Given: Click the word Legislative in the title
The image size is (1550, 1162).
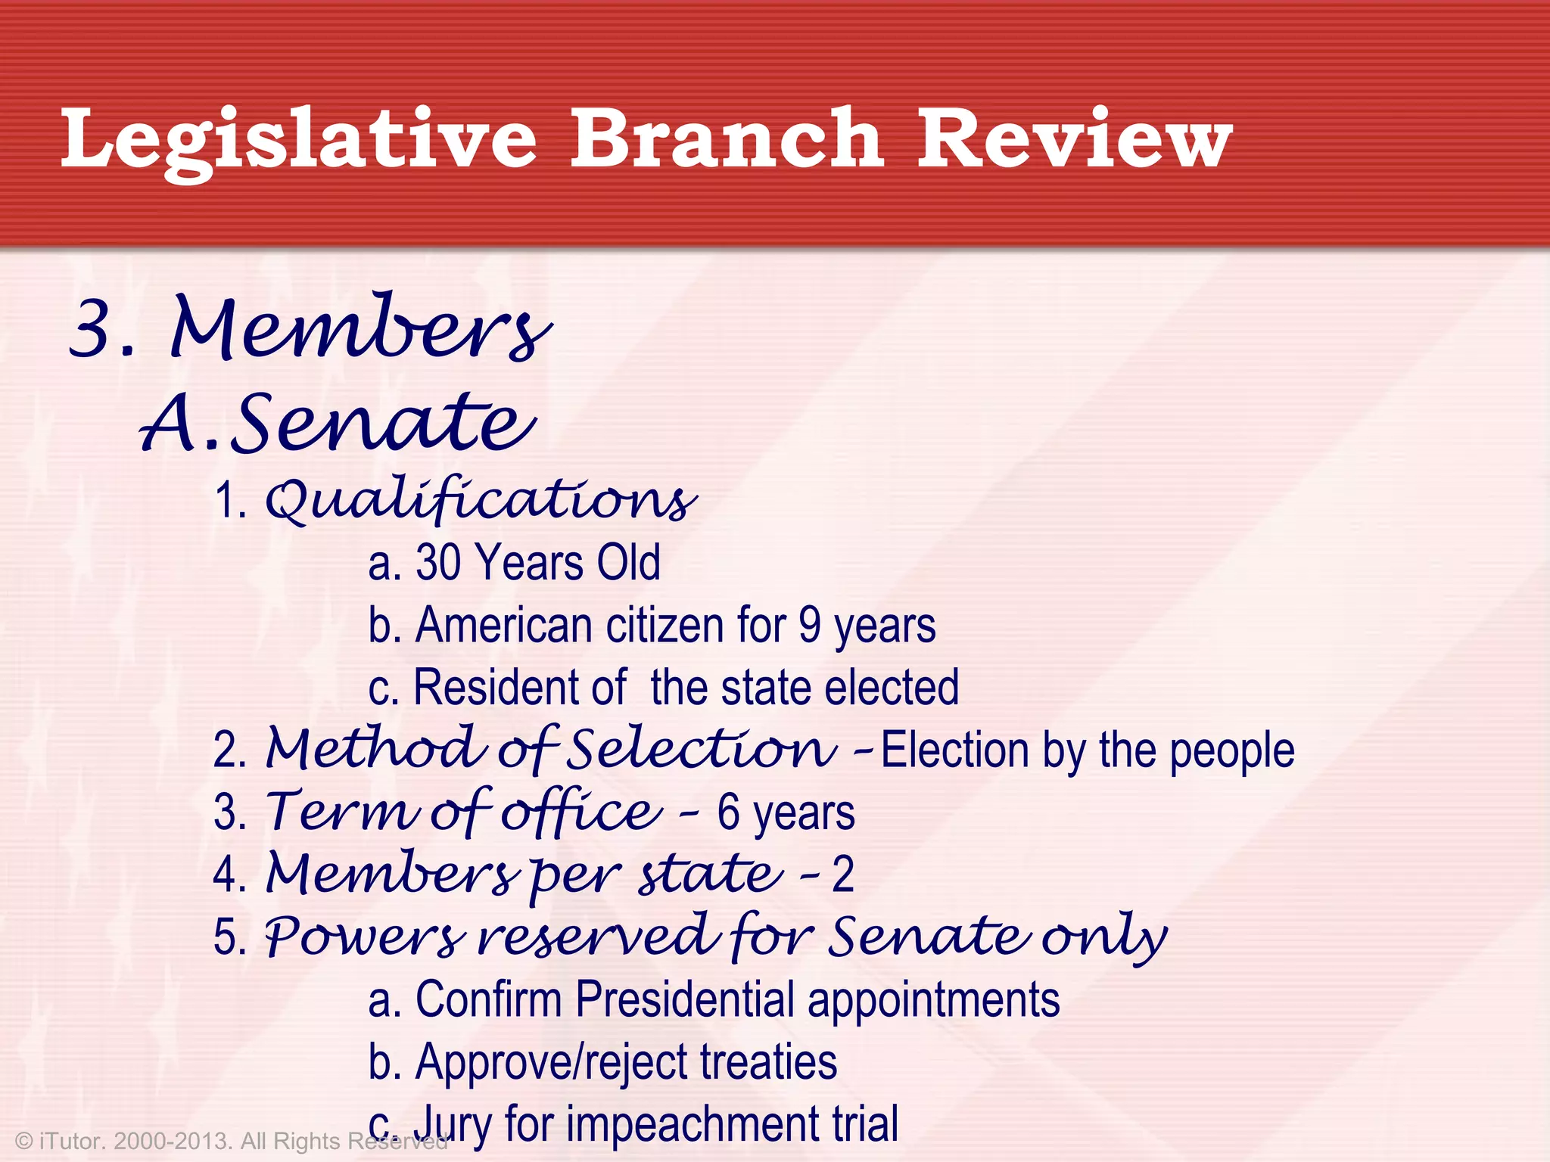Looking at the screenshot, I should (x=299, y=140).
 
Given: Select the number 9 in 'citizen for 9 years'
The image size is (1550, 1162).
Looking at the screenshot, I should (x=809, y=626).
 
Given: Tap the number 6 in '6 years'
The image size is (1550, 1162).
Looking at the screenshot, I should (x=728, y=812).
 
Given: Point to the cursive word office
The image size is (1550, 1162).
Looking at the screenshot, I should (x=581, y=812).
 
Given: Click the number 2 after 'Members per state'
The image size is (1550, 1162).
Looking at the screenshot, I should (x=843, y=875).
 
